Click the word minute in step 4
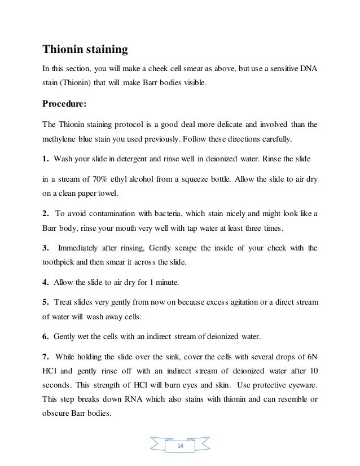(168, 282)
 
